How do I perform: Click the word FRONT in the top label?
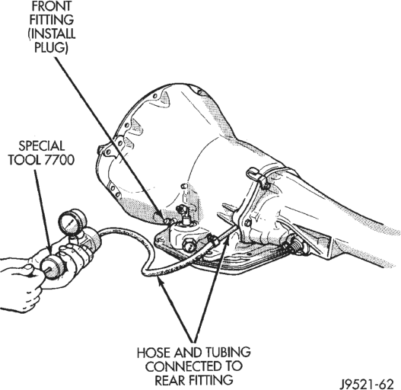point(52,6)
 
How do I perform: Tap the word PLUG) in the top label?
point(51,48)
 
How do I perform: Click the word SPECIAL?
point(41,146)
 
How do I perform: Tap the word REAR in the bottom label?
point(170,380)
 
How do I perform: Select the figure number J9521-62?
point(368,384)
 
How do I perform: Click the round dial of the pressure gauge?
point(69,219)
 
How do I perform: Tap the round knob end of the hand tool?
point(50,268)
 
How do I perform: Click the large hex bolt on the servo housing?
point(189,245)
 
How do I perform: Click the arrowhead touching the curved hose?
point(160,281)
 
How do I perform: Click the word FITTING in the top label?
point(52,20)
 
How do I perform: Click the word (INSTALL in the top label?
point(52,34)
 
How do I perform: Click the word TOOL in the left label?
point(24,160)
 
